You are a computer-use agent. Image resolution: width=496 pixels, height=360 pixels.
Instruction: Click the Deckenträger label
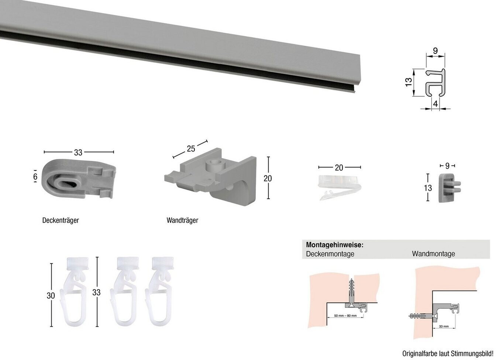[61, 221]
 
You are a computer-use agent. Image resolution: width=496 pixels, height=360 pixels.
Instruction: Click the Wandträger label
[182, 221]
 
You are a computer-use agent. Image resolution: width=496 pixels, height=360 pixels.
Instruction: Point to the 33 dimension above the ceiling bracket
[78, 152]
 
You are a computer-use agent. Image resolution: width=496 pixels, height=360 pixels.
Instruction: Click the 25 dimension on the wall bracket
[191, 149]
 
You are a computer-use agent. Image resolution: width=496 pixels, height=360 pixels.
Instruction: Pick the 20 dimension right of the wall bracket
[268, 178]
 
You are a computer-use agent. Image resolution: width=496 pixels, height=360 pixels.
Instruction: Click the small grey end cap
[447, 188]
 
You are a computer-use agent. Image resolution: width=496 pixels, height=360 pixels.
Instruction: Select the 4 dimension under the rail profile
[435, 104]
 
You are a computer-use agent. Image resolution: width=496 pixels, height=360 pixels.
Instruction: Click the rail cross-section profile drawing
[435, 83]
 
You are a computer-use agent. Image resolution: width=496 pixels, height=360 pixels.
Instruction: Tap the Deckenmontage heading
[330, 254]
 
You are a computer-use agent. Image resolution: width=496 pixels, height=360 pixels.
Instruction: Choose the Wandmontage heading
[433, 254]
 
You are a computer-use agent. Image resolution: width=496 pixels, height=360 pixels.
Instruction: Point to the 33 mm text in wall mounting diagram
[444, 326]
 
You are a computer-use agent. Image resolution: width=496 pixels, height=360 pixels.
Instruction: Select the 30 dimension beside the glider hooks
[51, 295]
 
